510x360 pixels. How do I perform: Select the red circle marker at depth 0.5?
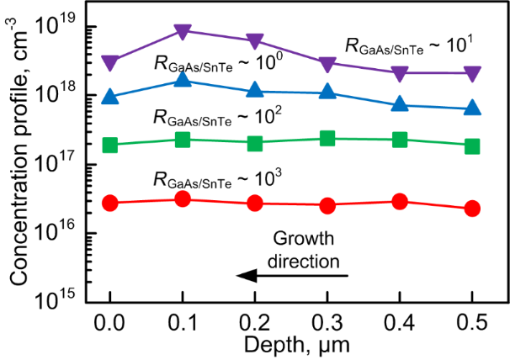point(473,209)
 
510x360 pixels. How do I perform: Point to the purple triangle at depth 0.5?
point(473,74)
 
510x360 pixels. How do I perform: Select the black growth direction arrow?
point(291,275)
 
